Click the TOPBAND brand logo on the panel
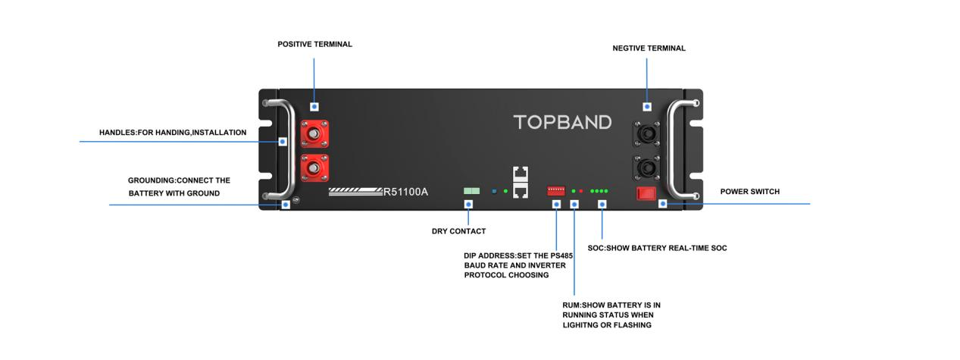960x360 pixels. [x=562, y=122]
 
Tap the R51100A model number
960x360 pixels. [x=405, y=191]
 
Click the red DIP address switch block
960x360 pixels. [x=556, y=191]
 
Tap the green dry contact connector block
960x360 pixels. [x=471, y=191]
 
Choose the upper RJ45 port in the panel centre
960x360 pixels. [x=521, y=174]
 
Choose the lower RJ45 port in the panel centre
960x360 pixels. [x=521, y=190]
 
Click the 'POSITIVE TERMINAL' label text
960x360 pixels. [x=314, y=45]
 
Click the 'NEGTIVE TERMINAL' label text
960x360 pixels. [x=649, y=49]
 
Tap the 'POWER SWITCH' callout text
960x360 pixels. [x=749, y=192]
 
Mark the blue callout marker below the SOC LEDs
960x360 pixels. [x=602, y=205]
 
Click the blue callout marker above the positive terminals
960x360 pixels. [x=314, y=107]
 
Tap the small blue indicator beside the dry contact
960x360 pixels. [x=493, y=191]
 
